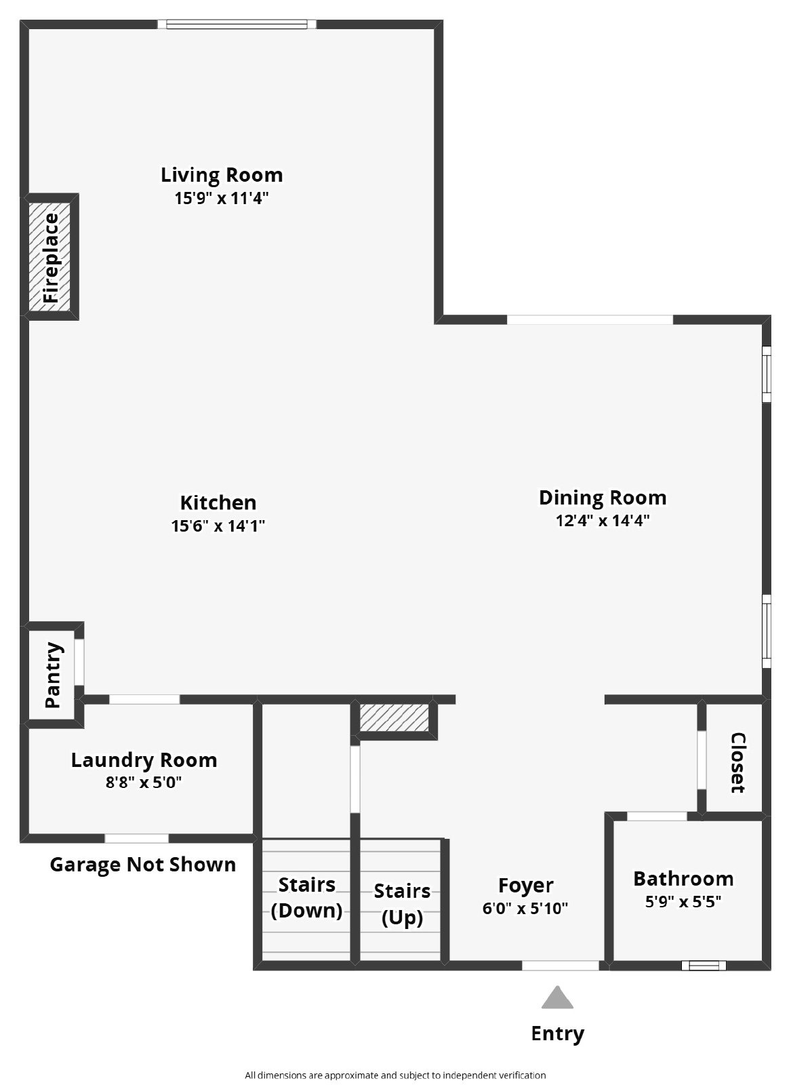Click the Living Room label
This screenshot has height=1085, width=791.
click(221, 175)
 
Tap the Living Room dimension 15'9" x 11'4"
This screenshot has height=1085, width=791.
click(221, 198)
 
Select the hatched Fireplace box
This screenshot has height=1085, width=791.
click(52, 257)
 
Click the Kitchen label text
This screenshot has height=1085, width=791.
click(218, 502)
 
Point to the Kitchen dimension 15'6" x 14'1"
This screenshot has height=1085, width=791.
click(218, 526)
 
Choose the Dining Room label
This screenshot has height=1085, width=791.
click(603, 498)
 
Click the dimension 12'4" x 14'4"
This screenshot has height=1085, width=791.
click(603, 521)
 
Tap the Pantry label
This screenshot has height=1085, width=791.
click(53, 675)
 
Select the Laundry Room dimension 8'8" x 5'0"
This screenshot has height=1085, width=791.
click(144, 783)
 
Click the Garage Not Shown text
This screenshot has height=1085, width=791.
click(143, 865)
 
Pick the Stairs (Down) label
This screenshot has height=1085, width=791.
click(306, 897)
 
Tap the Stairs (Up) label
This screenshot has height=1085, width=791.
click(402, 904)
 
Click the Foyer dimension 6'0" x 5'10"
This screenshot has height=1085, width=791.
click(525, 908)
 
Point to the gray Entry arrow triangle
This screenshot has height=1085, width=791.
click(557, 999)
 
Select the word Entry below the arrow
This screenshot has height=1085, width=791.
click(557, 1033)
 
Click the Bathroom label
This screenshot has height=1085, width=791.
click(683, 879)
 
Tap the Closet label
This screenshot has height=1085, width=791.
click(737, 763)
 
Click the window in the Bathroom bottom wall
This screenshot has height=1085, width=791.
click(703, 965)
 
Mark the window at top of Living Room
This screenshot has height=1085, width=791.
click(237, 24)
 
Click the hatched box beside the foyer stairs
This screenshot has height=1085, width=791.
click(394, 718)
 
